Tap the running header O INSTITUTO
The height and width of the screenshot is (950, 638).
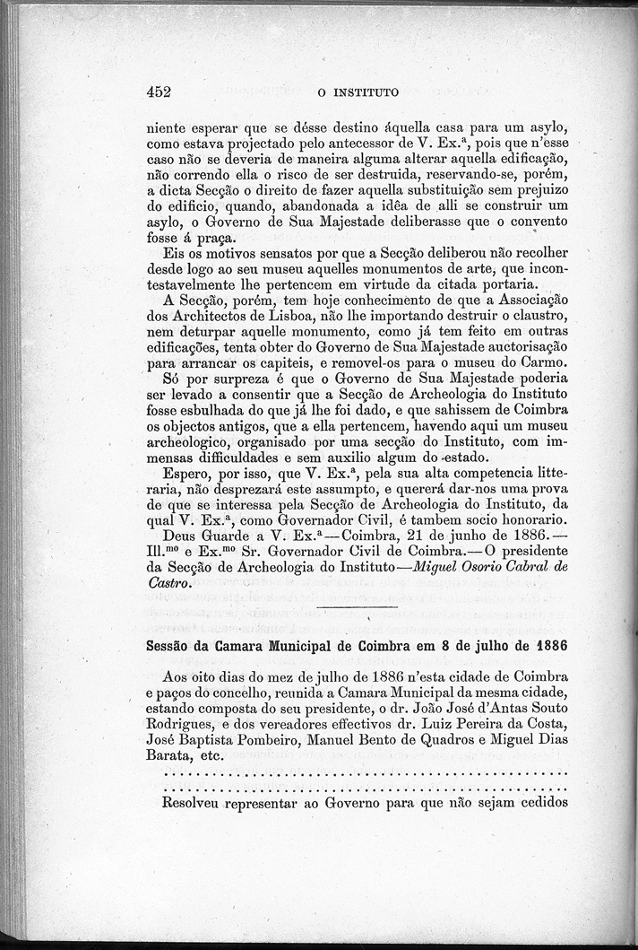click(358, 92)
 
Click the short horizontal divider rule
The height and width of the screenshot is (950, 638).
click(358, 607)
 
